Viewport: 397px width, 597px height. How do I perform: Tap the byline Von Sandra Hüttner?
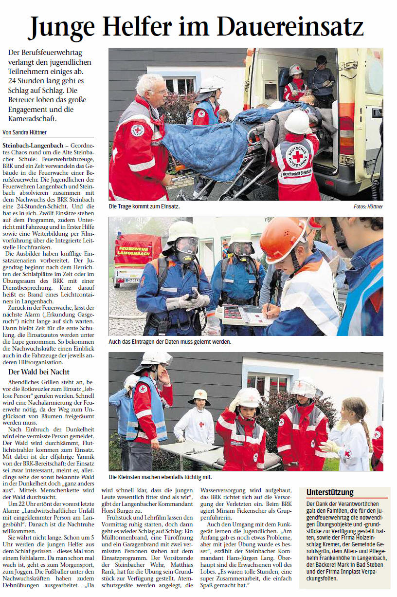tap(28, 132)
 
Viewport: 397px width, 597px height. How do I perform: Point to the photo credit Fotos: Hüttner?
tap(368, 207)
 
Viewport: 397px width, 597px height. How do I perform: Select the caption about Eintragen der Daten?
tap(170, 342)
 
